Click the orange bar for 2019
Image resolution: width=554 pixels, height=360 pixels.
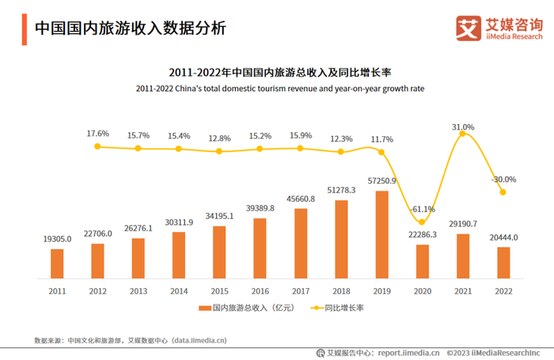point(381,235)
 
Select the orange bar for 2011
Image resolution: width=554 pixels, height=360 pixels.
point(57,263)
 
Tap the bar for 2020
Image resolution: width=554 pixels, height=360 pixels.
point(422,261)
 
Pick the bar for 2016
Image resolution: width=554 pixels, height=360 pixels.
point(260,248)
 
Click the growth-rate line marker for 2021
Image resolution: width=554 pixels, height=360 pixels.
point(463,135)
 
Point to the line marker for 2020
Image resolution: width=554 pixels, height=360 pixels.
point(422,221)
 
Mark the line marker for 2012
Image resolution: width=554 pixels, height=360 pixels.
point(97,146)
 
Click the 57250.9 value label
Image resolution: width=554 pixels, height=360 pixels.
point(381,181)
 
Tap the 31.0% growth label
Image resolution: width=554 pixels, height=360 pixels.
point(463,127)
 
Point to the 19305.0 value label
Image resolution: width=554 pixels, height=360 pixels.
point(57,238)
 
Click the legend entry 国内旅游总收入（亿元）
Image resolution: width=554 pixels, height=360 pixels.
point(248,308)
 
